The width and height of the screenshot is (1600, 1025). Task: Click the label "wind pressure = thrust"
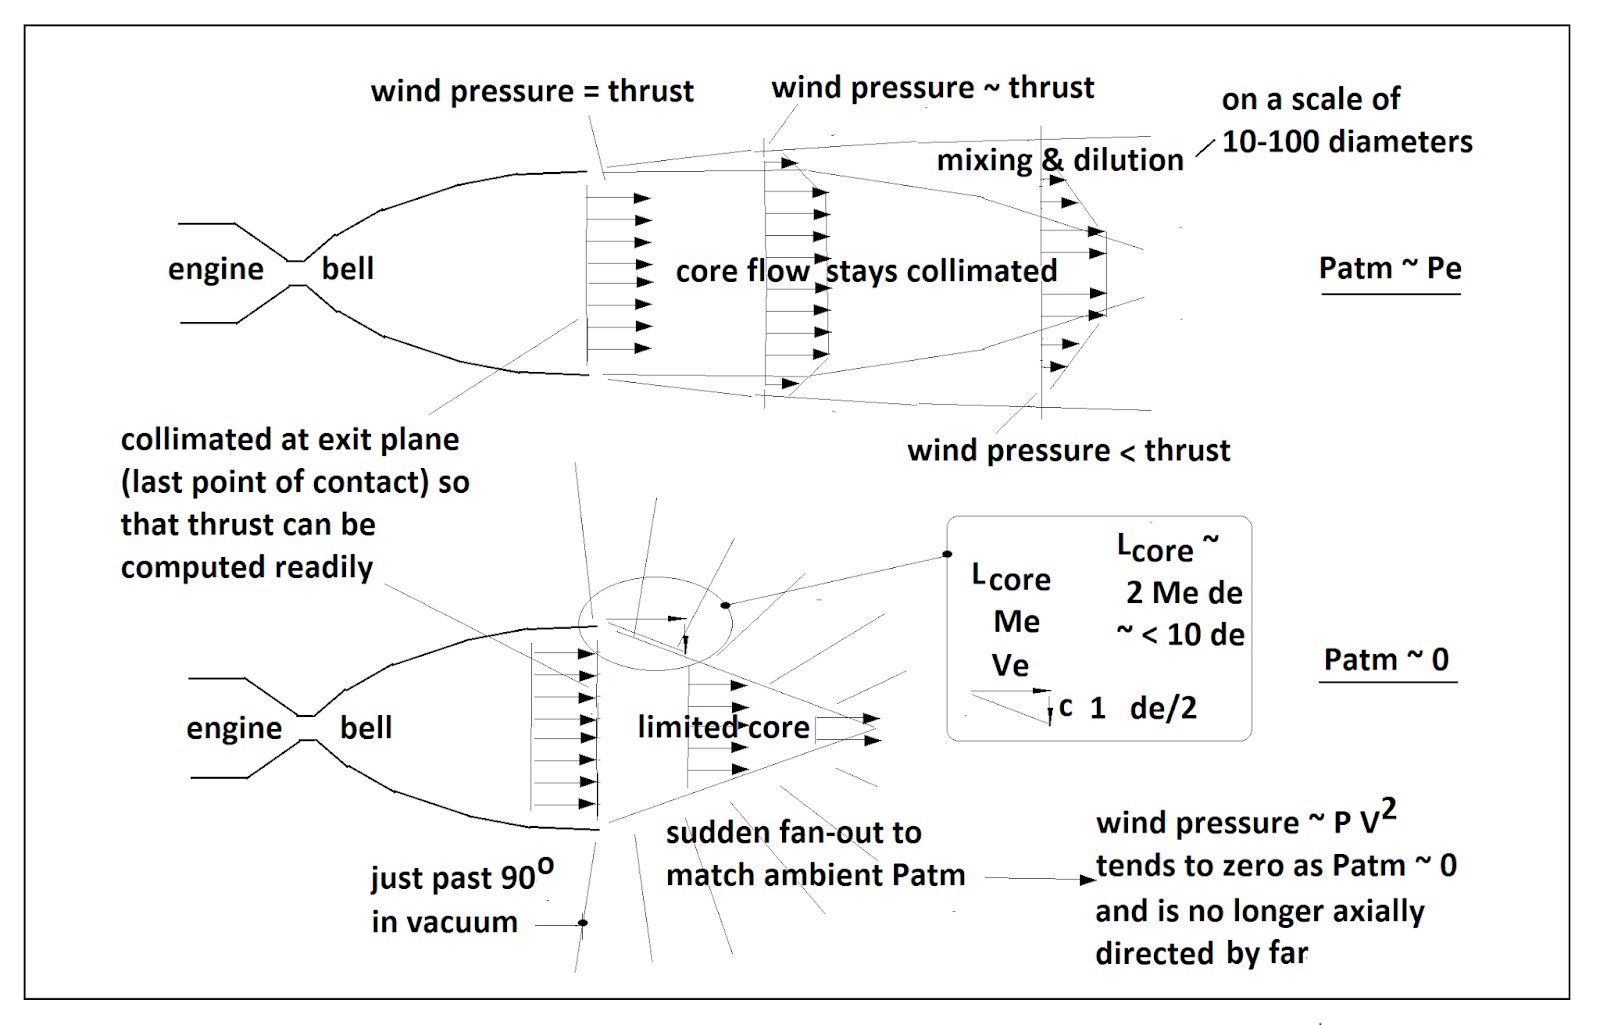tap(532, 91)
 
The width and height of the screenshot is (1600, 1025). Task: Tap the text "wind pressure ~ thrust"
tap(933, 88)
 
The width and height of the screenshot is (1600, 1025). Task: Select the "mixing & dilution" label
tap(1060, 160)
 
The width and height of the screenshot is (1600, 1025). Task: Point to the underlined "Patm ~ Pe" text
tap(1390, 268)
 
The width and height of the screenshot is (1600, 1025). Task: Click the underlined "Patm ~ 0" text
tap(1386, 660)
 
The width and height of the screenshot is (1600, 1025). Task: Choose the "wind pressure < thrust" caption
tap(1068, 451)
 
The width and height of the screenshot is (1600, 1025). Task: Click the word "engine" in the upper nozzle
tap(216, 270)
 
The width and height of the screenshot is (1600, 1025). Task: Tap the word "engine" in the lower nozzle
tap(234, 729)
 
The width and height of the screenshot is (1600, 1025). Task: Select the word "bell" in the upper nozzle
tap(348, 269)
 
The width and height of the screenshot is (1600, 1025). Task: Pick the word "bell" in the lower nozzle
tap(366, 728)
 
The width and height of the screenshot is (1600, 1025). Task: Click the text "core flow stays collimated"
tap(866, 271)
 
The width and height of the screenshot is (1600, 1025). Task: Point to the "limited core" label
tap(723, 727)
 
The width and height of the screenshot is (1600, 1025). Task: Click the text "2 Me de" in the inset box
tap(1184, 593)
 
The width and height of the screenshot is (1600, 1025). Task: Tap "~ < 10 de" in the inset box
tap(1181, 635)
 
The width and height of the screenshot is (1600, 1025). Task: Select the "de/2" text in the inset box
tap(1163, 708)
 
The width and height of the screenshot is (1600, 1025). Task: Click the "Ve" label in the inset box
tap(1010, 665)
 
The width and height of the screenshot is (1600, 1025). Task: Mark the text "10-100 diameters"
tap(1347, 142)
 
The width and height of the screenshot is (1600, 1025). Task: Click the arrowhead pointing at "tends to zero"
tap(1088, 880)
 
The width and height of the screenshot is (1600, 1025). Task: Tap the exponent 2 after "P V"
tap(1388, 808)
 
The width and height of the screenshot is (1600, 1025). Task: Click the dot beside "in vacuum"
tap(583, 923)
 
